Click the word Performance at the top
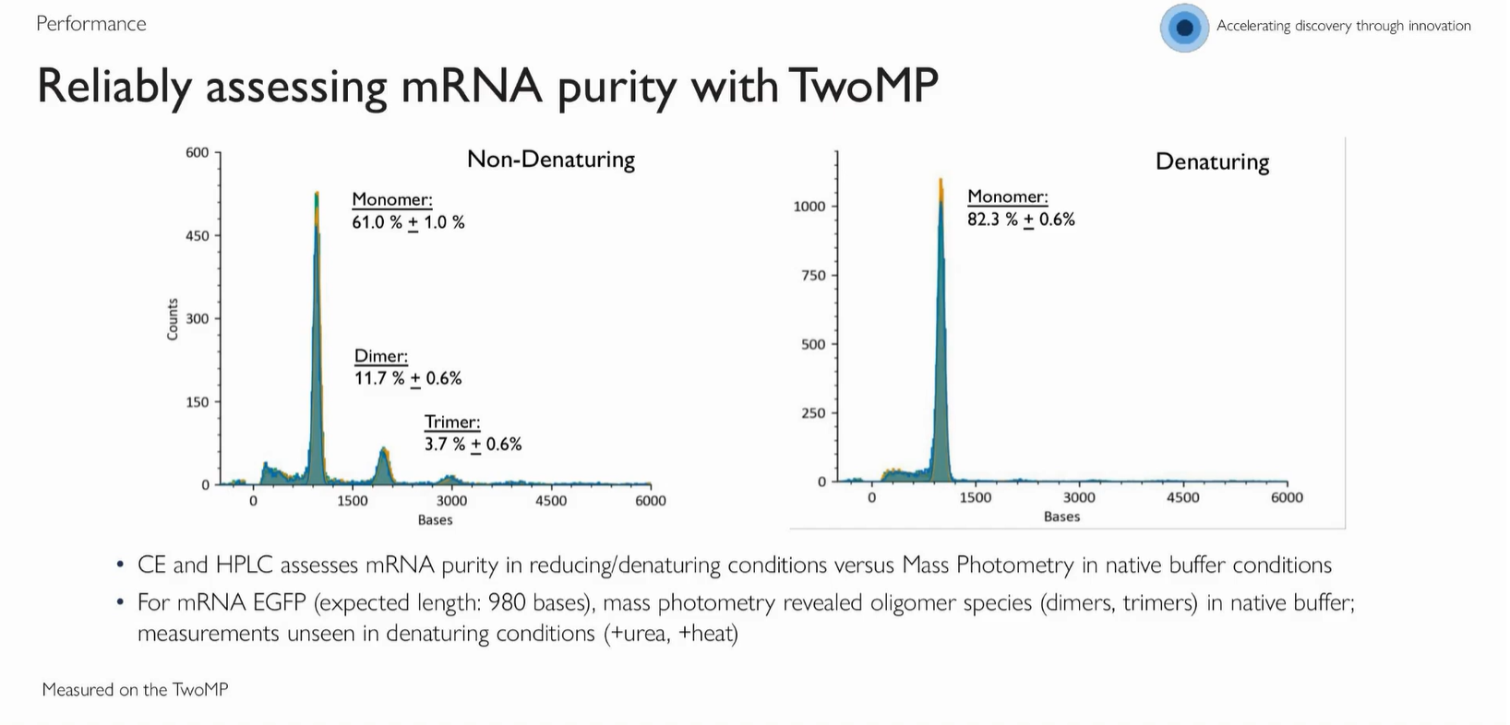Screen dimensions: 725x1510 tap(91, 24)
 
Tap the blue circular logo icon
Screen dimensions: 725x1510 tap(1184, 28)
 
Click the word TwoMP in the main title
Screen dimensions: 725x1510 tap(863, 86)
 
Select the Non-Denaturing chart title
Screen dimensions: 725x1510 tap(551, 160)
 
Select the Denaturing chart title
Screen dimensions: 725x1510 tap(1212, 162)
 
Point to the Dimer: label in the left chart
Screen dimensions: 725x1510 tap(381, 356)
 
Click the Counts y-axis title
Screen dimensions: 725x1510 tap(173, 319)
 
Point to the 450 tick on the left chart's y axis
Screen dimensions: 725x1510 tap(198, 236)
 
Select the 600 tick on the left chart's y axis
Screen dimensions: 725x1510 tap(198, 153)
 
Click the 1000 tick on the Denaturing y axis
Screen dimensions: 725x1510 tap(809, 207)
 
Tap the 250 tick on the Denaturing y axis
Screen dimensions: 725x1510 tap(813, 413)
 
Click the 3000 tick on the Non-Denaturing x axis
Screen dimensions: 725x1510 tap(451, 501)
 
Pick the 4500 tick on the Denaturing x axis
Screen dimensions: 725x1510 tap(1183, 498)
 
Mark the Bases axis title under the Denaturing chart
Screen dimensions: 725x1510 tap(1061, 517)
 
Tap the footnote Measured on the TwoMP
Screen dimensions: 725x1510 tap(135, 690)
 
